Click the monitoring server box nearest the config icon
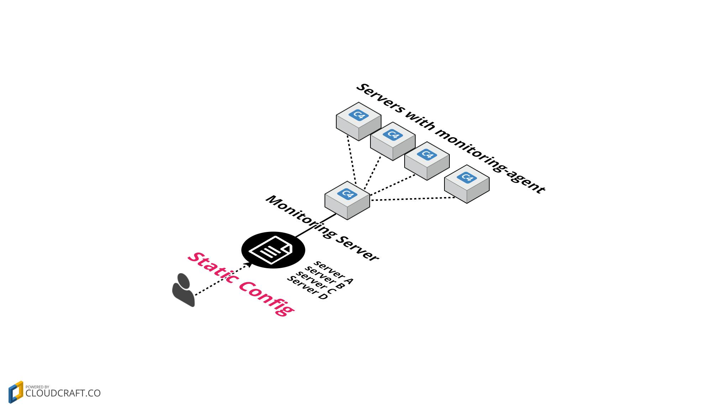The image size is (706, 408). (347, 201)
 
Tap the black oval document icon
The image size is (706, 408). (273, 250)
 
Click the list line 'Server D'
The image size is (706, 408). (307, 288)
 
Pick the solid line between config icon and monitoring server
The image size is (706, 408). (316, 226)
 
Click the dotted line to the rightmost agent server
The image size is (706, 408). (413, 199)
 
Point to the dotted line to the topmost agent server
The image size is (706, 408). (352, 160)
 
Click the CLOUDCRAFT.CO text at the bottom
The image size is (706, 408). (63, 393)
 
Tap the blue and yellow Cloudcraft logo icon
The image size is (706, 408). (16, 392)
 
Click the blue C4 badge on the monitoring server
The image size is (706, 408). (347, 194)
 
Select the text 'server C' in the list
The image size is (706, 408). (316, 283)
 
